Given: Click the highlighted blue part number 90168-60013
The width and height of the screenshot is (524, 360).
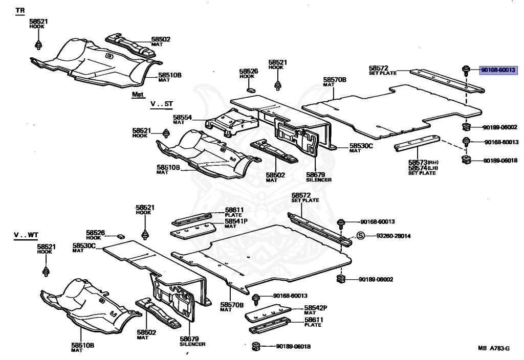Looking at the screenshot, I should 497,70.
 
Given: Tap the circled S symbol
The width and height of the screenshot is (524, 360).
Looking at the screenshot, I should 360,236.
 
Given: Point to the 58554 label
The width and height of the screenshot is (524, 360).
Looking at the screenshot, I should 182,118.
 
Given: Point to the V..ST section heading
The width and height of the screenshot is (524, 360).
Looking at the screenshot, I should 162,104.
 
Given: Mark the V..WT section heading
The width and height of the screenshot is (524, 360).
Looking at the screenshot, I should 26,235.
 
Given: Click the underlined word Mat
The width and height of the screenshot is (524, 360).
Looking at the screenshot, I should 138,95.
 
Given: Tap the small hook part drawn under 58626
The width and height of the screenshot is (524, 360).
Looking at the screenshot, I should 250,89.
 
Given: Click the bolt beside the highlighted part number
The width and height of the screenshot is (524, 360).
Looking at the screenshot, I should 466,70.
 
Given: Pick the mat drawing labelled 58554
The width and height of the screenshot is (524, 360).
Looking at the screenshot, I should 228,123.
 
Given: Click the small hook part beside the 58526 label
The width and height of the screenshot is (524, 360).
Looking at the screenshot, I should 120,236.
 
